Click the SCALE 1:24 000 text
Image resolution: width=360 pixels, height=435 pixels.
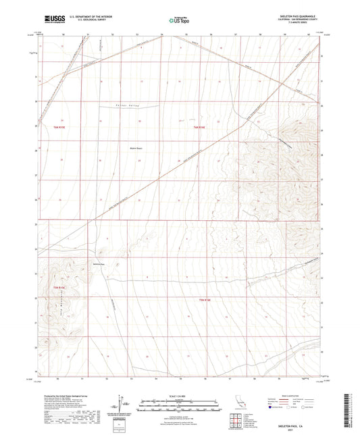(x=179, y=396)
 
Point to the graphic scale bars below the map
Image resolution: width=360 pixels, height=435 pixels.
(x=179, y=403)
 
